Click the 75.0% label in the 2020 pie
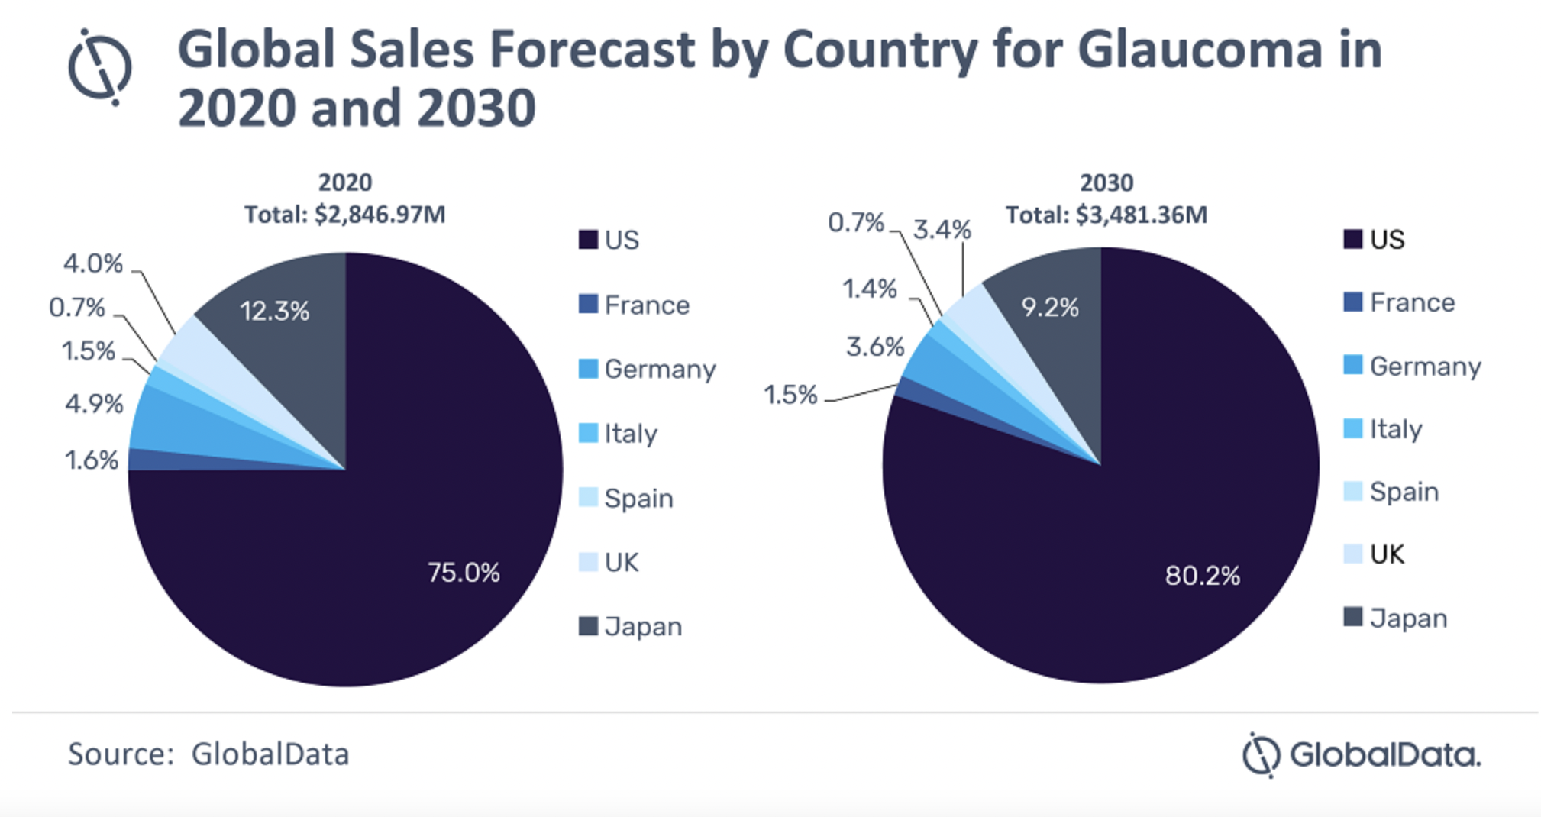[x=464, y=572]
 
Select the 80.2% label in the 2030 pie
[x=1202, y=575]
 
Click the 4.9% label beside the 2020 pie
[x=94, y=403]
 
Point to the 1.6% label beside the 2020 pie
[x=92, y=460]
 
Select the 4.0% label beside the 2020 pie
[x=93, y=263]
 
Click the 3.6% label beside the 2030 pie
[x=875, y=347]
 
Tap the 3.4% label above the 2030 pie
[x=942, y=229]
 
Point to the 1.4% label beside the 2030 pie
[x=869, y=289]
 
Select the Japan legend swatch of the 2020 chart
[x=588, y=626]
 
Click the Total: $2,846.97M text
[x=345, y=215]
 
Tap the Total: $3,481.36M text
[x=1106, y=215]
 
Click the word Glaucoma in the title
[x=1199, y=50]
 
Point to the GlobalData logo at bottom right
[x=1362, y=754]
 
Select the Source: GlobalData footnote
[x=208, y=754]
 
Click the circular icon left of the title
[x=100, y=67]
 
